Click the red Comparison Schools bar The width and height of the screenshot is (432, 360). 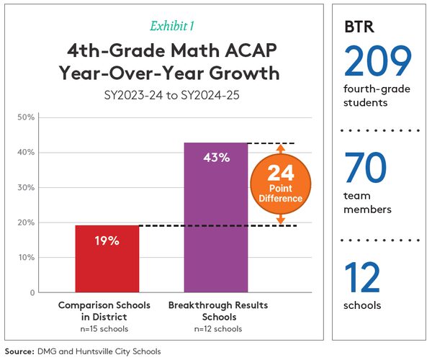point(107,259)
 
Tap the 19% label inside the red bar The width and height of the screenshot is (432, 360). point(107,240)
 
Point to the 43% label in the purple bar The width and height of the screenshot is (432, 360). point(216,158)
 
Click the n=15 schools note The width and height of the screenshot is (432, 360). point(104,329)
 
